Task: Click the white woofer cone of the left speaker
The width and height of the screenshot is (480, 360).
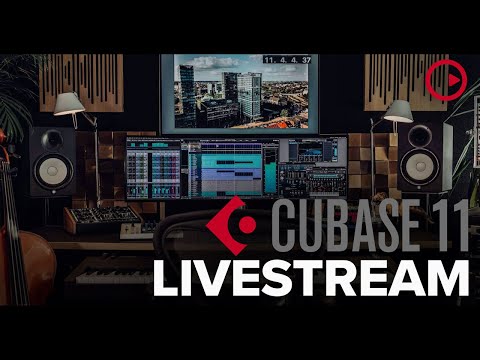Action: point(53,169)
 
